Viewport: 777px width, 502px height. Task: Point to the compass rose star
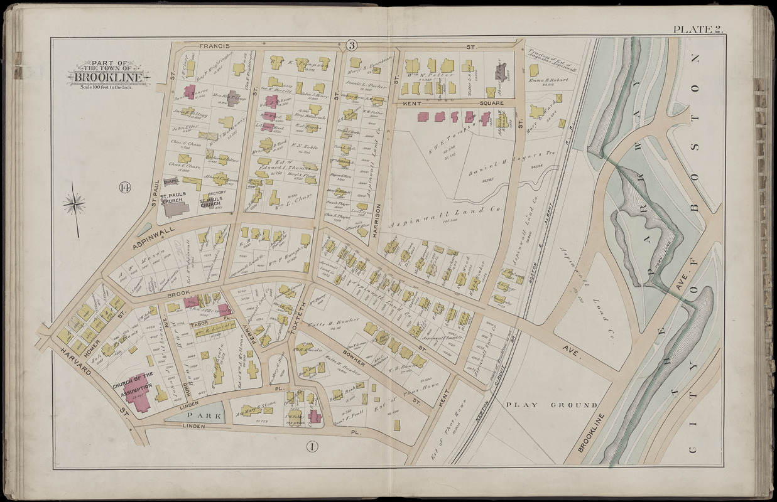point(74,203)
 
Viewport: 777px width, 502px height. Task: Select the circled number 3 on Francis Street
point(351,45)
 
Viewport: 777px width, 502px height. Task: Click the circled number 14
point(123,188)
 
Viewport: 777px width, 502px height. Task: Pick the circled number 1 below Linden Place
point(312,447)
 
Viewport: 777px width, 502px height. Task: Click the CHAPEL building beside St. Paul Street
point(171,181)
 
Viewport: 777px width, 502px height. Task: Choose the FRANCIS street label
point(212,46)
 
